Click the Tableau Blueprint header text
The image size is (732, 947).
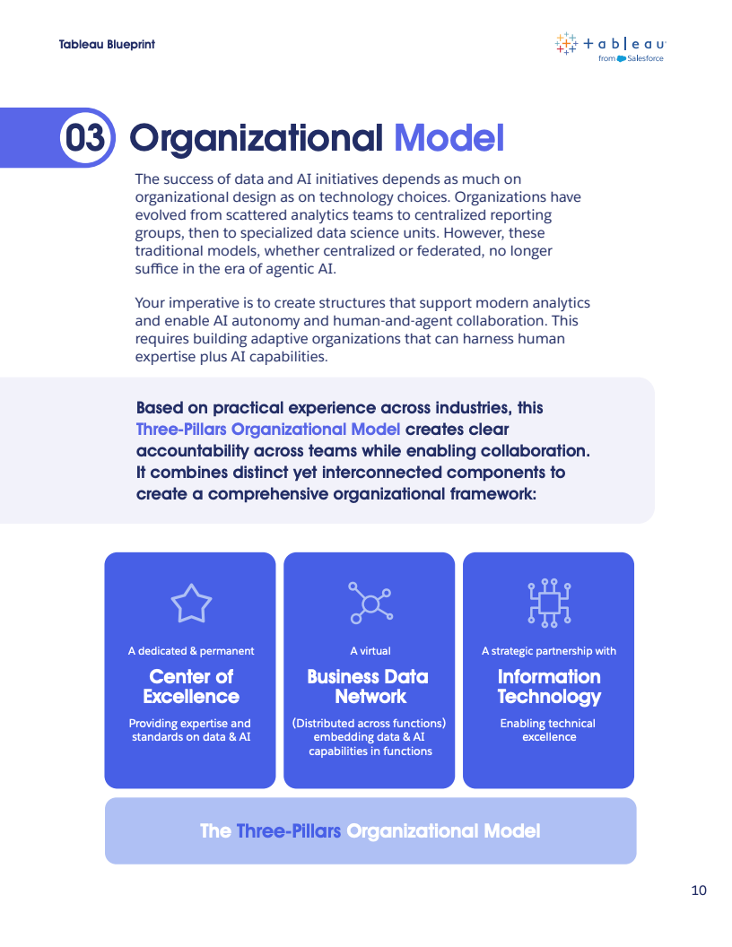(x=107, y=44)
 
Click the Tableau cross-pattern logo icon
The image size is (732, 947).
(x=566, y=43)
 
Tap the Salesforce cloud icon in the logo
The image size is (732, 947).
(x=621, y=58)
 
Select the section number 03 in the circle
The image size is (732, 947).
(x=85, y=138)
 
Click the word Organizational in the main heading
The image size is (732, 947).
(x=256, y=138)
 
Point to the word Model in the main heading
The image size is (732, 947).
(x=449, y=138)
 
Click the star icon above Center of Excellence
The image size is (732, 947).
(x=191, y=603)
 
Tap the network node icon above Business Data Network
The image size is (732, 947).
(x=370, y=603)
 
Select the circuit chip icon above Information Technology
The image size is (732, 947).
(x=549, y=603)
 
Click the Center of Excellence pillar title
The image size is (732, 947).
(x=191, y=686)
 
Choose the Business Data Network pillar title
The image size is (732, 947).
(x=368, y=686)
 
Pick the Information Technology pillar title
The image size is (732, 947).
(x=549, y=687)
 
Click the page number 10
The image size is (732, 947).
(x=699, y=891)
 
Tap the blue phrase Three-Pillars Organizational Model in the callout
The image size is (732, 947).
(x=268, y=430)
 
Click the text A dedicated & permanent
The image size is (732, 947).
(x=191, y=651)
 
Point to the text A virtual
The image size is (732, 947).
(x=370, y=651)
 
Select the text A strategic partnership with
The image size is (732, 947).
(x=549, y=651)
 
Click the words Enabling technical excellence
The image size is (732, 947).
(x=548, y=730)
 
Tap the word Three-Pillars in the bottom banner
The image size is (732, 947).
(x=289, y=831)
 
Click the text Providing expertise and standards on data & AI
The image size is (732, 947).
(x=190, y=730)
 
